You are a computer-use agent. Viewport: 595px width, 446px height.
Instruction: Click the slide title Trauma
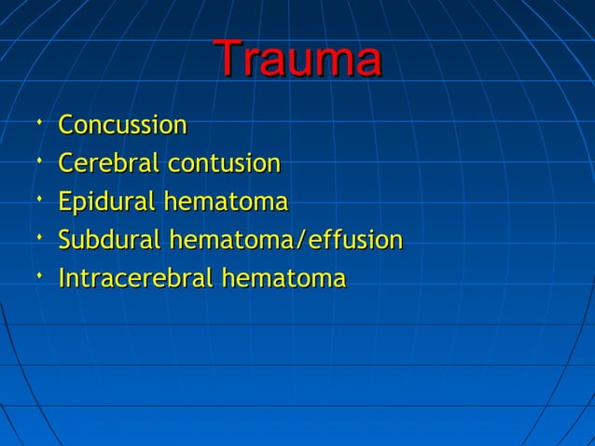coord(297,61)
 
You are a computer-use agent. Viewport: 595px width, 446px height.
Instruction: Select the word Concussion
coord(122,125)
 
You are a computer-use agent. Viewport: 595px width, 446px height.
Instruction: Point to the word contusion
coord(224,164)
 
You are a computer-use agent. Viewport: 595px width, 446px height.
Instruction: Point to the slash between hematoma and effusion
coord(298,241)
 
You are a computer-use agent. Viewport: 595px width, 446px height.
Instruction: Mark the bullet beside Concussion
coord(36,121)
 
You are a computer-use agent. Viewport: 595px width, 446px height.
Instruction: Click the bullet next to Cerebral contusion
coord(36,160)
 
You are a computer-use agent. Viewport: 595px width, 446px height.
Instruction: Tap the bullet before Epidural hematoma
coord(36,199)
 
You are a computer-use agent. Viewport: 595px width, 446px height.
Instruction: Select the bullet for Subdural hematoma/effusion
coord(36,237)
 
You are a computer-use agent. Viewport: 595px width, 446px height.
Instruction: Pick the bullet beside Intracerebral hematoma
coord(36,275)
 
